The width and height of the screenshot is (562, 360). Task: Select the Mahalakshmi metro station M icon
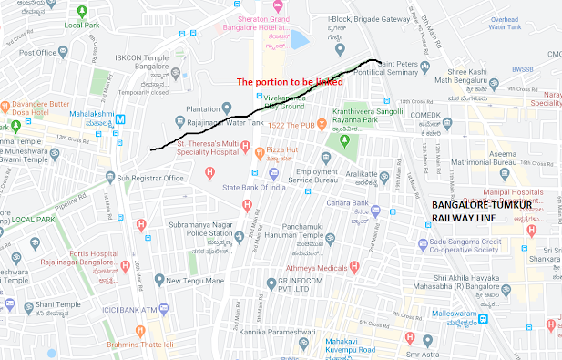click(121, 117)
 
